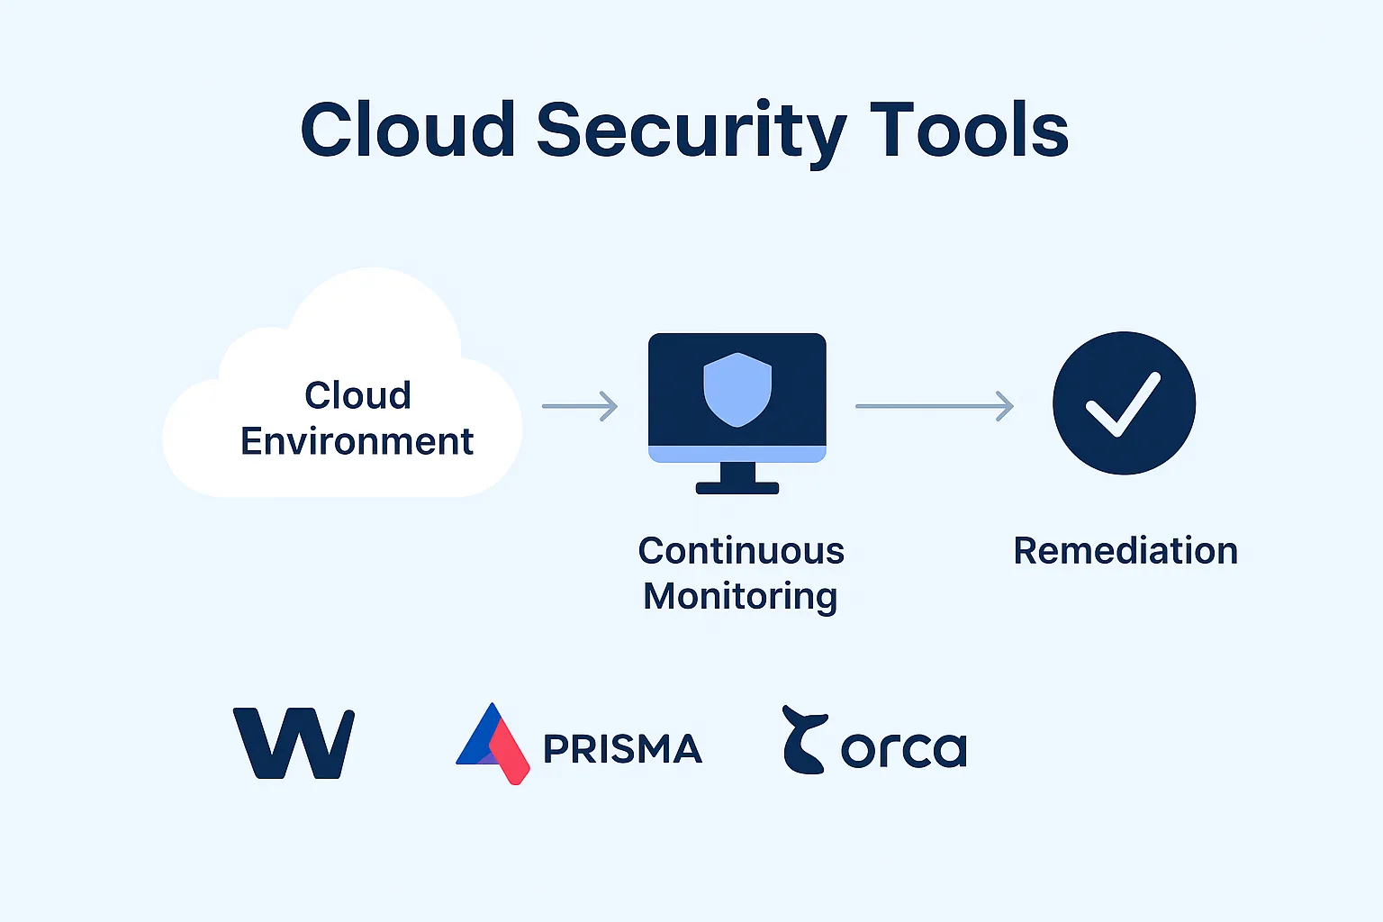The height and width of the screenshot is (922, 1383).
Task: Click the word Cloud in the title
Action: pyautogui.click(x=408, y=130)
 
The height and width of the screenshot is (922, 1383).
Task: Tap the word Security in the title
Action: pyautogui.click(x=691, y=131)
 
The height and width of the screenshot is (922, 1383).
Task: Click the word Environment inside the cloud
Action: pyautogui.click(x=357, y=441)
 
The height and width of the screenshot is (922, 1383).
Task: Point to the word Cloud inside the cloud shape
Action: pyautogui.click(x=357, y=395)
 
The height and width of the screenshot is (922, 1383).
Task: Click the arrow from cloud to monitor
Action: pyautogui.click(x=580, y=406)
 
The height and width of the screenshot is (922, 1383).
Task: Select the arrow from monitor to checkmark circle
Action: pyautogui.click(x=934, y=406)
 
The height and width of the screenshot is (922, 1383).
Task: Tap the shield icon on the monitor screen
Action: pyautogui.click(x=737, y=389)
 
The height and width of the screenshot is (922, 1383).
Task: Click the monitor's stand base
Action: pyautogui.click(x=737, y=488)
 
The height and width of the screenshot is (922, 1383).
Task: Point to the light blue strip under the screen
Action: pyautogui.click(x=737, y=454)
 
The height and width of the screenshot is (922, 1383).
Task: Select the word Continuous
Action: pyautogui.click(x=741, y=550)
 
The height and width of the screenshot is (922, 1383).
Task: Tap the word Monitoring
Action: pyautogui.click(x=740, y=596)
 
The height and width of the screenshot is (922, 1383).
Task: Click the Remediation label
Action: pyautogui.click(x=1125, y=550)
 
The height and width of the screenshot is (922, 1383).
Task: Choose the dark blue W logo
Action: pyautogui.click(x=294, y=744)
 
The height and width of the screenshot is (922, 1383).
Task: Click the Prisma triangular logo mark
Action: pyautogui.click(x=493, y=744)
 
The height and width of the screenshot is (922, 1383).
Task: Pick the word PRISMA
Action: pyautogui.click(x=622, y=749)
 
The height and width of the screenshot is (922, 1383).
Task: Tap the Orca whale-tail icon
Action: pyautogui.click(x=801, y=740)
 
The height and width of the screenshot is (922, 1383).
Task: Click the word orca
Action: pyautogui.click(x=903, y=750)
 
